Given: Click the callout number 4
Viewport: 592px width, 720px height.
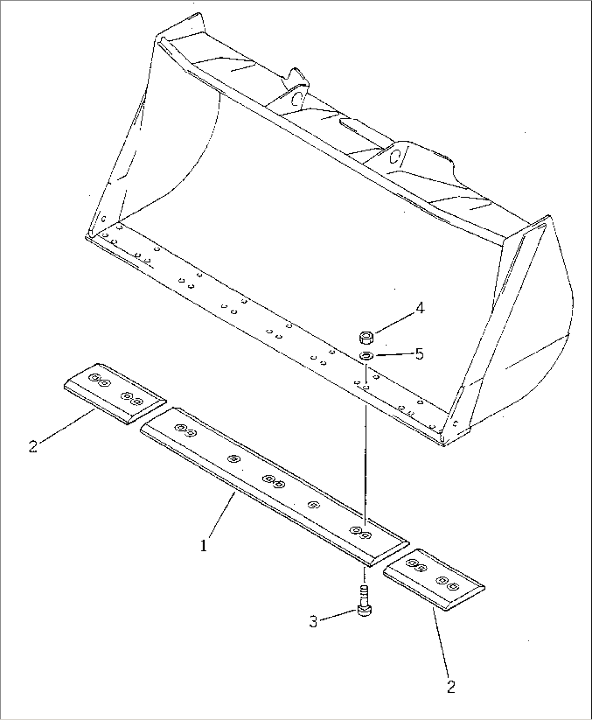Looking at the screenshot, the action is pyautogui.click(x=419, y=308).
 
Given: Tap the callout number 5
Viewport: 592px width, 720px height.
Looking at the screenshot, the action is pyautogui.click(x=419, y=354).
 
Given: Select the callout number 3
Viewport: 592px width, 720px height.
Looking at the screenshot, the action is pyautogui.click(x=313, y=622).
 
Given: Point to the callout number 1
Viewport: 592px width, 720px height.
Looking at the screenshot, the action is pyautogui.click(x=204, y=546).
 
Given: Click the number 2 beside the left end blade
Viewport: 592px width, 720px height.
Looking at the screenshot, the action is pyautogui.click(x=33, y=446).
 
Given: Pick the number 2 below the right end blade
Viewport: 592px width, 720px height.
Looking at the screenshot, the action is pyautogui.click(x=451, y=686).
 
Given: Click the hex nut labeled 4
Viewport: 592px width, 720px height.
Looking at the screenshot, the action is pyautogui.click(x=367, y=337).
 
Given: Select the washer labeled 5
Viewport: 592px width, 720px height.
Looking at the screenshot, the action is pyautogui.click(x=366, y=356).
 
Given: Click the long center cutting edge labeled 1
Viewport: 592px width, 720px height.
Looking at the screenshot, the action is pyautogui.click(x=275, y=486).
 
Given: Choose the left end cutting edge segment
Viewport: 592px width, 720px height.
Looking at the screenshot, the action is pyautogui.click(x=115, y=393).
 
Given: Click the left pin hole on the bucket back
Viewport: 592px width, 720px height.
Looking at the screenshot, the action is pyautogui.click(x=297, y=99).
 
